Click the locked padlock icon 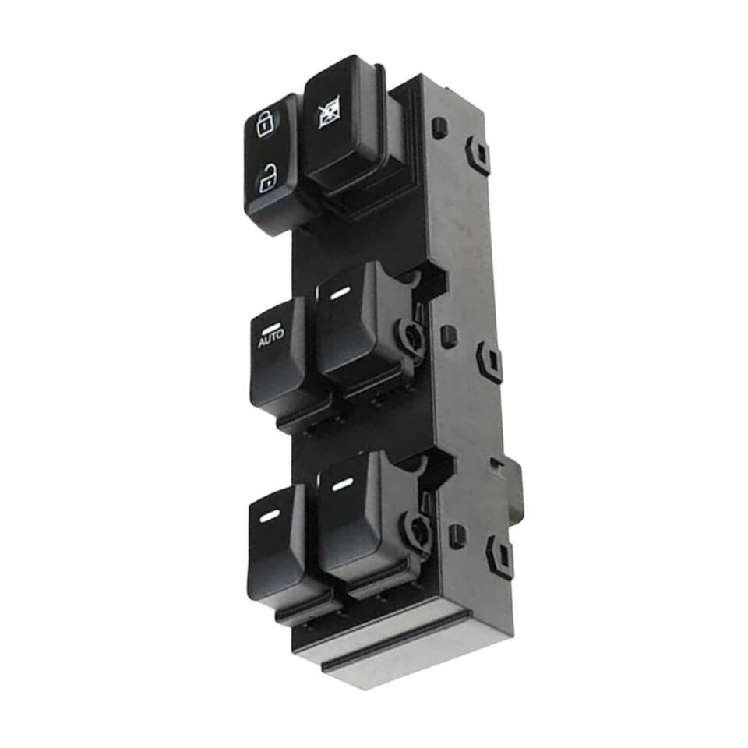(264, 123)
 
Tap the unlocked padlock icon (267, 179)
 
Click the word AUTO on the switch (271, 338)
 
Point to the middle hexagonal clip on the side (489, 361)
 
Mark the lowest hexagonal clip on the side (499, 556)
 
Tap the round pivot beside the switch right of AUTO (411, 336)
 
